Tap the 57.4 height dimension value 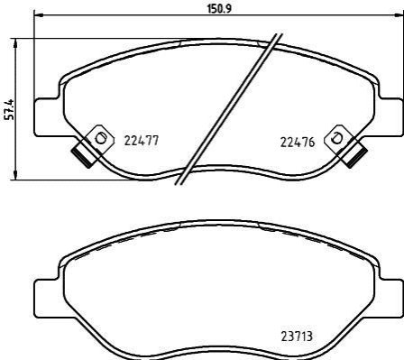10,109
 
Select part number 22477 142,141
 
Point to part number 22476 298,142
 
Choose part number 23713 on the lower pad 297,337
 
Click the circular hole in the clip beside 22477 100,139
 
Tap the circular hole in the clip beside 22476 336,138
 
